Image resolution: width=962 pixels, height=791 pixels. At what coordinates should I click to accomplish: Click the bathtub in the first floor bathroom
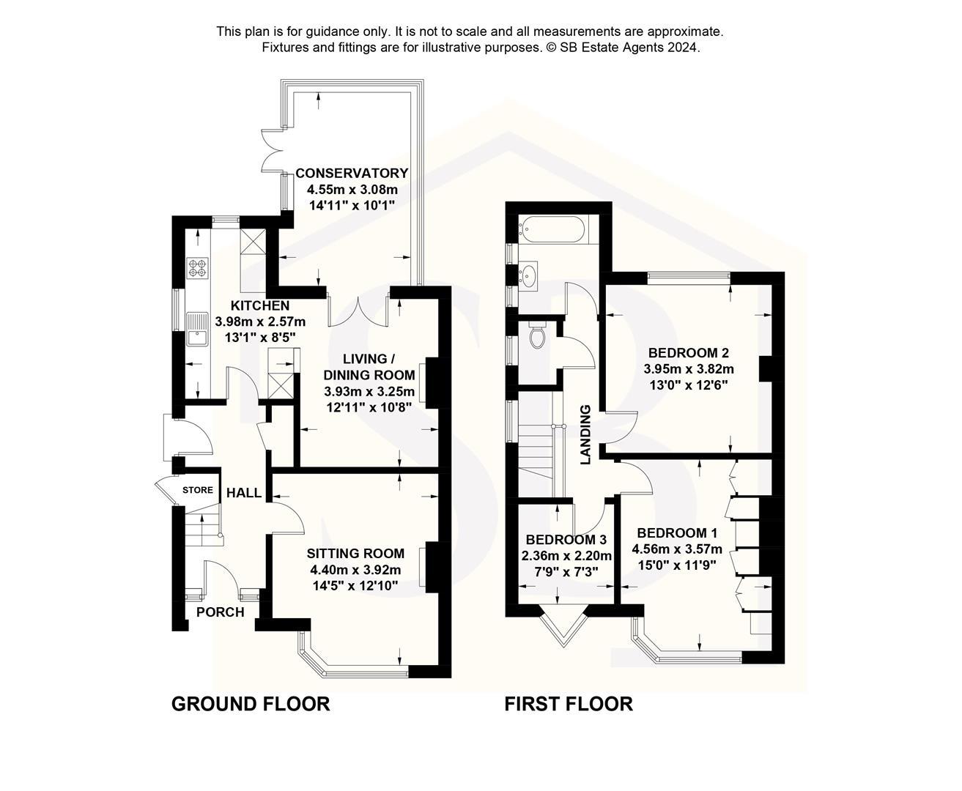pos(554,229)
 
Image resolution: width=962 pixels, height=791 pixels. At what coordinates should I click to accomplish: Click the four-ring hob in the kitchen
pos(198,267)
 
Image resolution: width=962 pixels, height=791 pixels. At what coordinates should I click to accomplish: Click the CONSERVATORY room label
pos(352,174)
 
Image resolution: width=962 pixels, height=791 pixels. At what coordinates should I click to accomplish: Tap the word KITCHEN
pos(260,305)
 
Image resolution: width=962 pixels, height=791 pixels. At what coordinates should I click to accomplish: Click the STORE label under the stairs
pos(198,491)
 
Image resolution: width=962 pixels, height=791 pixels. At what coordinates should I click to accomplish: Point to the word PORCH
pos(220,612)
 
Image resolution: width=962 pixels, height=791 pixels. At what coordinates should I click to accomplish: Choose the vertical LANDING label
pos(585,435)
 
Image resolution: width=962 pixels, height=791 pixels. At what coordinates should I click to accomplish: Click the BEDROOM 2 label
pos(688,352)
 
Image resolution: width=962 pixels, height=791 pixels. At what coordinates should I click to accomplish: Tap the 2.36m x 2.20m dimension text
pos(566,556)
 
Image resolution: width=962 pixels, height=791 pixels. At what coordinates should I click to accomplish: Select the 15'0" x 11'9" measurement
pos(673,565)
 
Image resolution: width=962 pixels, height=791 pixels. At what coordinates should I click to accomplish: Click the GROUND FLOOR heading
pos(251,704)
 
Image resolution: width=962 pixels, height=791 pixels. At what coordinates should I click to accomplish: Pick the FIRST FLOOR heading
pos(569,704)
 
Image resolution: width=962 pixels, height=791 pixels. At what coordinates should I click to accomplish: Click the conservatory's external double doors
pos(270,152)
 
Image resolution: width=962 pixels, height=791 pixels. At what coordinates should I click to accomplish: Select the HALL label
pos(244,493)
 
